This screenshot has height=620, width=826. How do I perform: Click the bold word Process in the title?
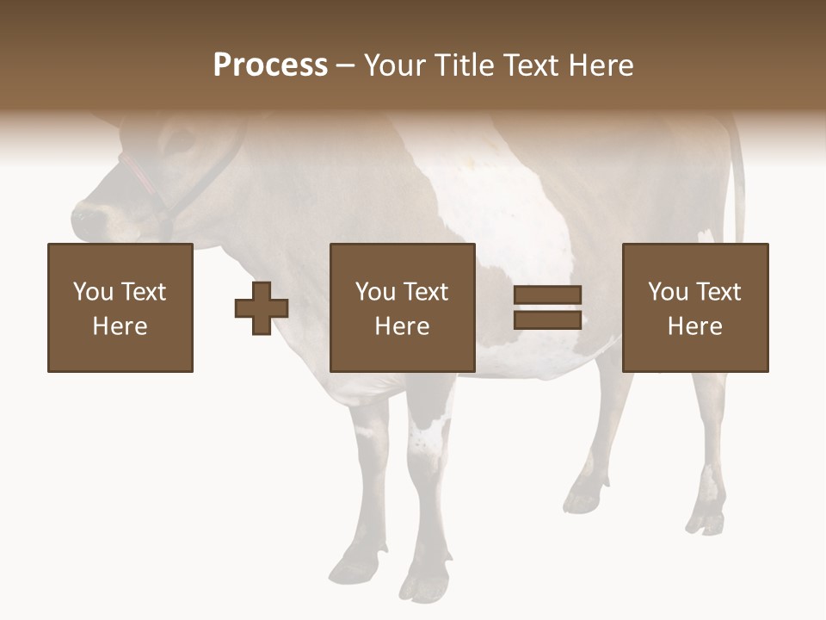click(x=270, y=65)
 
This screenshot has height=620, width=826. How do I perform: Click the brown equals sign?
click(x=548, y=307)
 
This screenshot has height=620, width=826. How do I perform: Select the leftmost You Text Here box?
click(x=120, y=307)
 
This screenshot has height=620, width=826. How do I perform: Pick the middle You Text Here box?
click(x=403, y=307)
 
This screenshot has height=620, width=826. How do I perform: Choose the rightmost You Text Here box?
click(x=695, y=307)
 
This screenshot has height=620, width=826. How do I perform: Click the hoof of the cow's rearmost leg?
click(x=704, y=522)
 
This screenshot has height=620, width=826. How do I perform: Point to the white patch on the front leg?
click(x=428, y=436)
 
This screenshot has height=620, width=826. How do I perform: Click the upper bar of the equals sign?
click(x=548, y=295)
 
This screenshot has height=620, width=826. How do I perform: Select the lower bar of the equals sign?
click(x=548, y=319)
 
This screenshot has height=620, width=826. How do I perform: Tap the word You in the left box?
click(x=93, y=292)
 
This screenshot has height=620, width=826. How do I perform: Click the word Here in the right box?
click(x=695, y=326)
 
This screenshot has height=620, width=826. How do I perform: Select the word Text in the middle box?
click(x=425, y=292)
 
